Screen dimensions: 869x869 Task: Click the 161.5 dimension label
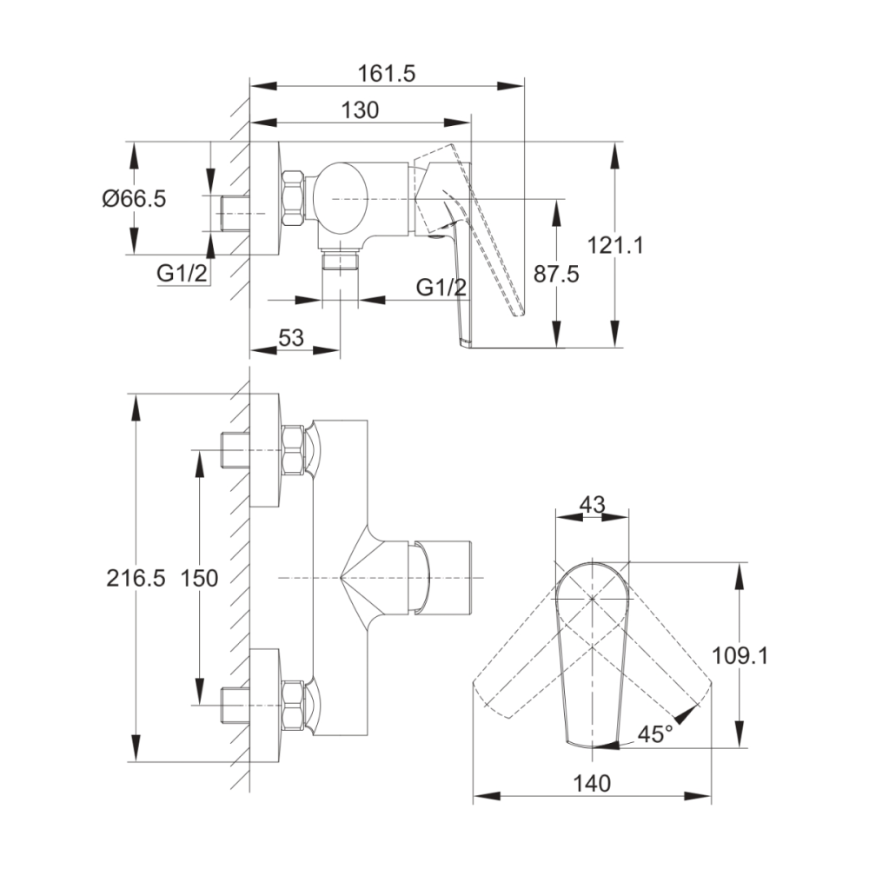(x=387, y=74)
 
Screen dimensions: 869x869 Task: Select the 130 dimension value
(x=360, y=110)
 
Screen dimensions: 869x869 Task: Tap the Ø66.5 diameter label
(x=134, y=198)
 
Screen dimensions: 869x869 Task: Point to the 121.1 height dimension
(x=615, y=245)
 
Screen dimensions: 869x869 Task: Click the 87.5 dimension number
(x=556, y=274)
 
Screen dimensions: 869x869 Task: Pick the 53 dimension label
(x=291, y=337)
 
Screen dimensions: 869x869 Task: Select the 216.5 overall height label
(x=136, y=579)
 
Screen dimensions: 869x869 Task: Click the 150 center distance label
(x=200, y=579)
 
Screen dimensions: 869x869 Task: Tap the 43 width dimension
(x=592, y=504)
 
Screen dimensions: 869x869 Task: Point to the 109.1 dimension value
(x=740, y=656)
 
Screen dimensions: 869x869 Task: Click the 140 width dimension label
(x=591, y=784)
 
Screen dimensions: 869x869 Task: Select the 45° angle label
(x=654, y=734)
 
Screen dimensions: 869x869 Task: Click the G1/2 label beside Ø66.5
(x=182, y=273)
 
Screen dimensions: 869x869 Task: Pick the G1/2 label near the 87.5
(x=441, y=287)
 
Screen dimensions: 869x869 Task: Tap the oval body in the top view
(x=340, y=198)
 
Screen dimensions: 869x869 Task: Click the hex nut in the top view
(x=293, y=198)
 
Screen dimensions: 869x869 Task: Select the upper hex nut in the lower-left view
(x=293, y=450)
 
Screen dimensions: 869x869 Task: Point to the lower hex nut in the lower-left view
(x=293, y=705)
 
